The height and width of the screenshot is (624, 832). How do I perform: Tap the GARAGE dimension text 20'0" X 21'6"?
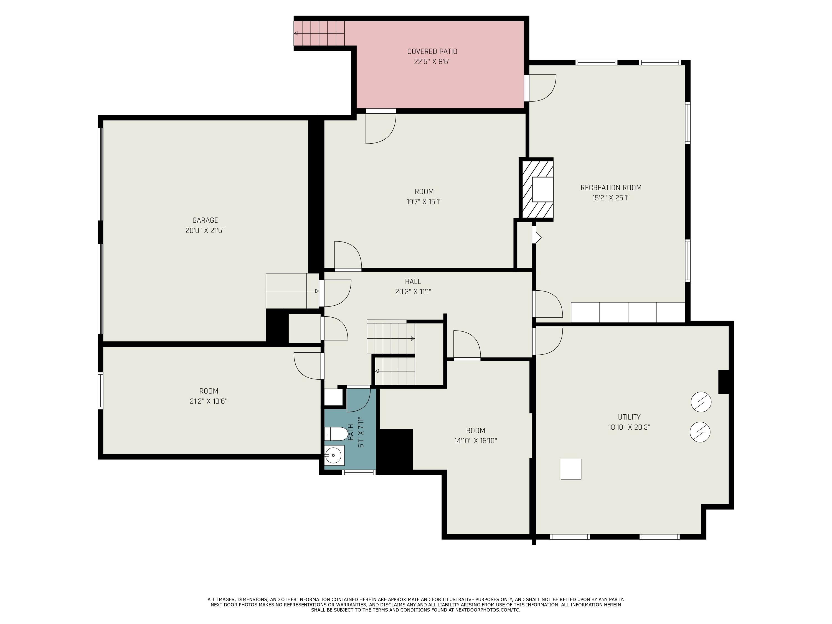[x=205, y=230]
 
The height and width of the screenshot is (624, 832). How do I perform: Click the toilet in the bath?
[x=336, y=434]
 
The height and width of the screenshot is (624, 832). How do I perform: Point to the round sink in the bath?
[x=333, y=456]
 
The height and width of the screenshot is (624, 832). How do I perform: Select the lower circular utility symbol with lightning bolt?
[x=700, y=432]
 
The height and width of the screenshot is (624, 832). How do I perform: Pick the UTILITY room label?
[x=629, y=417]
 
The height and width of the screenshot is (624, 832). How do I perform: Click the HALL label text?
[x=413, y=281]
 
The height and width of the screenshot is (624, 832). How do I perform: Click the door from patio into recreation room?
[x=541, y=88]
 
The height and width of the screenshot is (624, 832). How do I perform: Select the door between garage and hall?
[x=336, y=293]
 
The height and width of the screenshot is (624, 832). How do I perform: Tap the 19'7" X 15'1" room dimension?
[x=424, y=202]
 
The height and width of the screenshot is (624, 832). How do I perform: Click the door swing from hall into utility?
[x=548, y=341]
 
